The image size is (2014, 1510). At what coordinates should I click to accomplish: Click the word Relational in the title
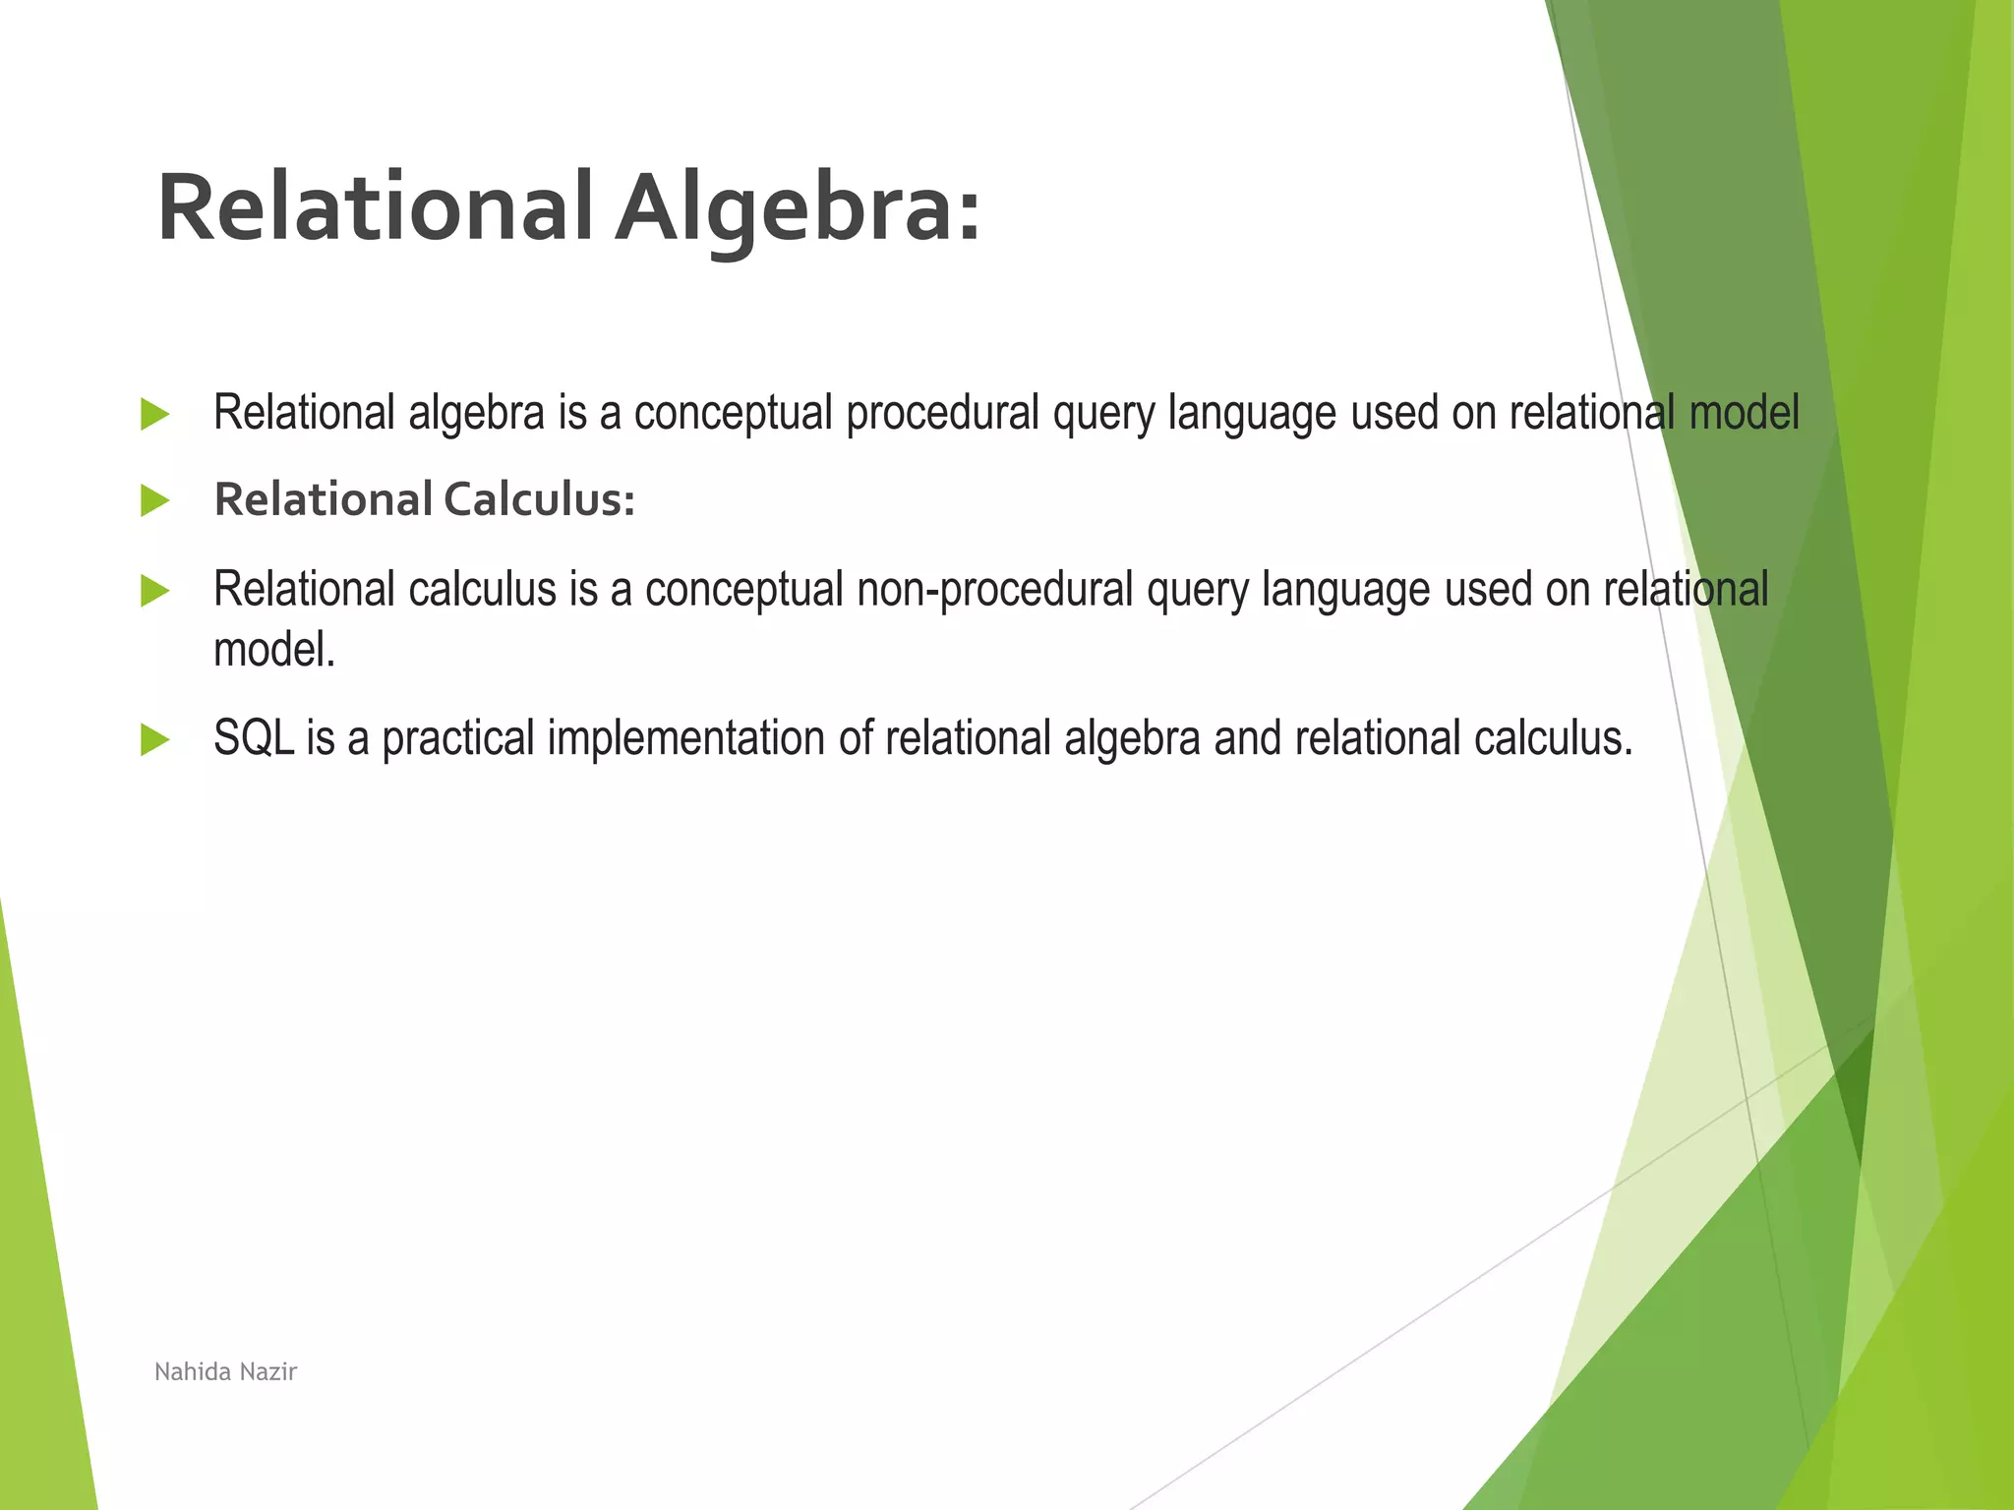375,208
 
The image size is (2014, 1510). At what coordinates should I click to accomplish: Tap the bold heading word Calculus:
539,499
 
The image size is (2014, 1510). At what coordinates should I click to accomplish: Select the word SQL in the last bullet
253,738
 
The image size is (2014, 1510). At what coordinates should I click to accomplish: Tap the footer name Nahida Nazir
225,1371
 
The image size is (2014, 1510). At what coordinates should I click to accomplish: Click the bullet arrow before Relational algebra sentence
154,414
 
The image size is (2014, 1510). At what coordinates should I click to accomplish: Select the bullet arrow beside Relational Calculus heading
154,501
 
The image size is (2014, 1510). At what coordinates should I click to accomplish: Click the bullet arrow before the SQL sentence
154,739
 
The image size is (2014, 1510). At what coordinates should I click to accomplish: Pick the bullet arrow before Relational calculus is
154,591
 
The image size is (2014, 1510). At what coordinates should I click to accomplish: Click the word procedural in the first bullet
942,413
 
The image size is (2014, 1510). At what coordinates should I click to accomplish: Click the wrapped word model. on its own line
274,650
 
